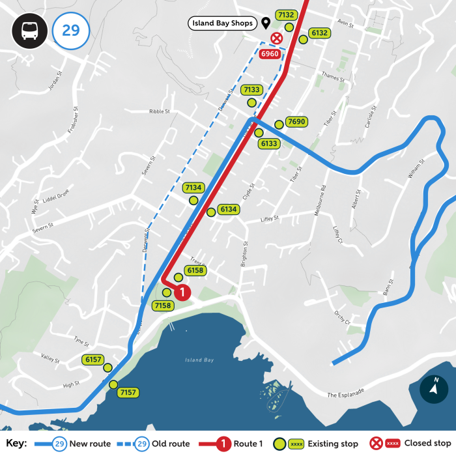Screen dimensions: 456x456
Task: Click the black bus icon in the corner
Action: coord(29,31)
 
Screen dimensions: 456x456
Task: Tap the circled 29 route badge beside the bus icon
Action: coord(70,31)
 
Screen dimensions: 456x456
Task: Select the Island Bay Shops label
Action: coord(221,24)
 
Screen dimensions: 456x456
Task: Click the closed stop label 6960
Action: coord(270,54)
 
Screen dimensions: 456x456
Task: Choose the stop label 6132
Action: coord(319,33)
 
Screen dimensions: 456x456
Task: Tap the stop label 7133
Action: coord(251,90)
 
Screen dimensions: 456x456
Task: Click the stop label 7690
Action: coord(296,122)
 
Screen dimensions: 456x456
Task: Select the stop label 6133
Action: coord(268,143)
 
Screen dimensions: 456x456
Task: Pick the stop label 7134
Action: coord(193,188)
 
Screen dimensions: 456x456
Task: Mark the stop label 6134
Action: coord(228,210)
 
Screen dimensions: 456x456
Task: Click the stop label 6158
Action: coord(195,270)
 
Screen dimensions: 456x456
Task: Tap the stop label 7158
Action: coord(163,305)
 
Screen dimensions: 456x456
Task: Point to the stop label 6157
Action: coord(94,360)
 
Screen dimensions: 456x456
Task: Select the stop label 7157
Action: coord(128,392)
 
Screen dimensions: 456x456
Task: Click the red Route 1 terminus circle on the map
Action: coord(183,292)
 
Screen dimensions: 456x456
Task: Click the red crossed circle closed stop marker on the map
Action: coord(276,39)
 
